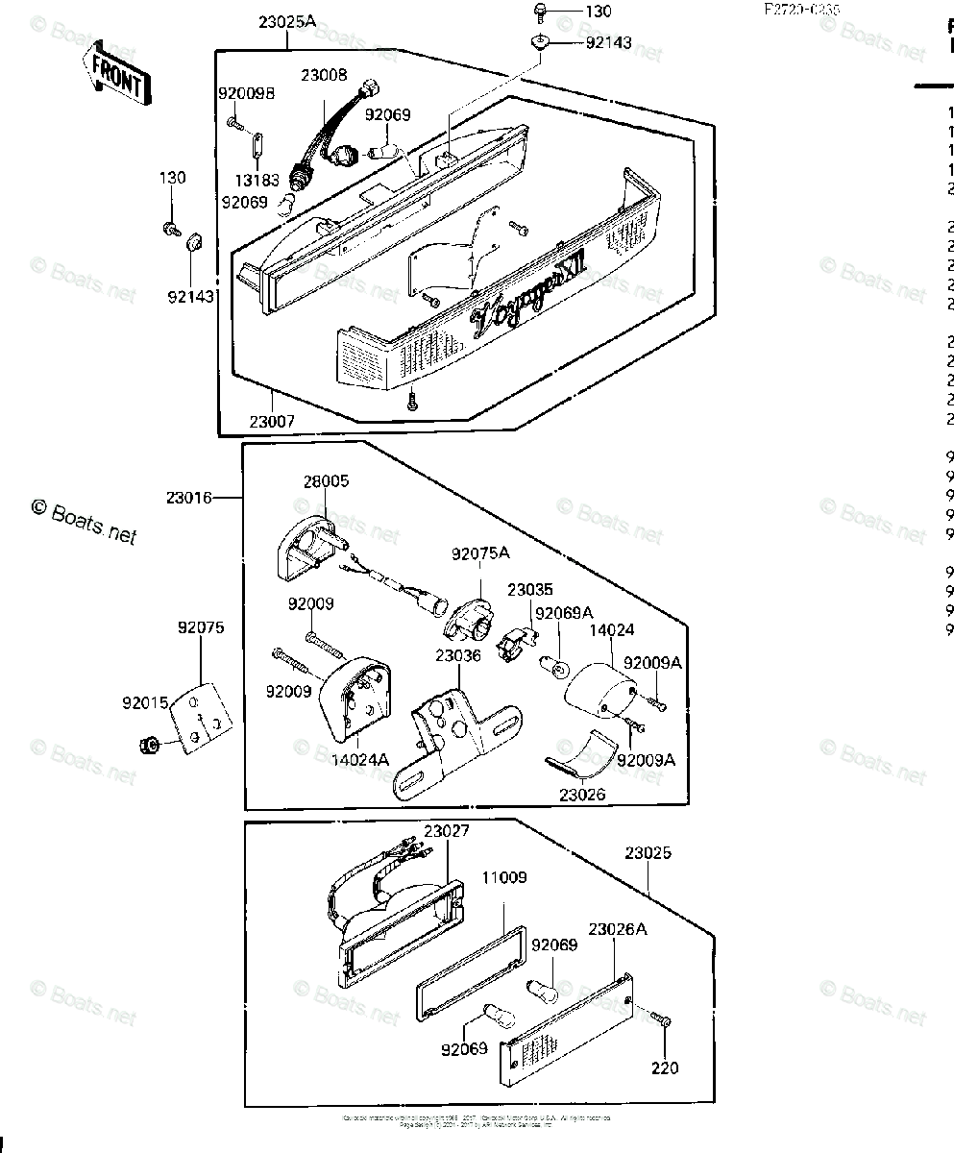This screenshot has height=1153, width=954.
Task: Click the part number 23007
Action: (274, 421)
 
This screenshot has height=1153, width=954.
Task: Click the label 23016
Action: (190, 497)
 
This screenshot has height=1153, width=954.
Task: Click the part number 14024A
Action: (361, 759)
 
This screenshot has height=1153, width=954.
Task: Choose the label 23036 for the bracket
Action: (457, 655)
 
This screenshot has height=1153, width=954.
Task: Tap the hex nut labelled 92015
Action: (150, 743)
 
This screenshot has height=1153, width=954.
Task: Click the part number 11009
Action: (504, 877)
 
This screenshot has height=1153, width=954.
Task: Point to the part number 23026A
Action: (616, 929)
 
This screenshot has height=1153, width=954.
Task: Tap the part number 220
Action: (664, 1067)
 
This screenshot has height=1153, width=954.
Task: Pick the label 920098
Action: (246, 93)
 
